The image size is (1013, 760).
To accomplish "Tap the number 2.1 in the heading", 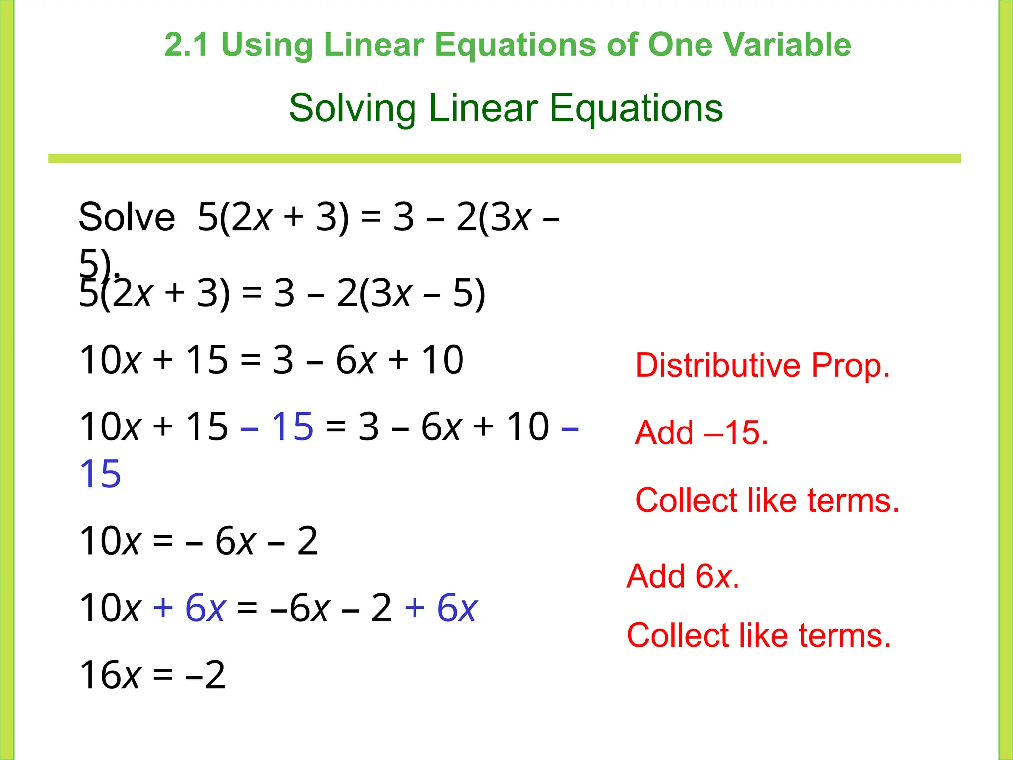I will point(187,45).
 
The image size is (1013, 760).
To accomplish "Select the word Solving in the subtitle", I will point(352,108).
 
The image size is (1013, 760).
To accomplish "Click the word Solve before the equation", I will point(127,217).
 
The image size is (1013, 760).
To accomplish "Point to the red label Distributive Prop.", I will point(762,366).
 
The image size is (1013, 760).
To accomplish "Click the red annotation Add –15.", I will point(701,432).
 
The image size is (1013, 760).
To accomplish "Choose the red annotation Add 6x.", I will point(683,576).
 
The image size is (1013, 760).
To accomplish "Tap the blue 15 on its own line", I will point(100,474).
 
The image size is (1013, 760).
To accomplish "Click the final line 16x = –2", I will point(152,675).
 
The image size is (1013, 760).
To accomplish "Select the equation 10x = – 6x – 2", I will point(198,541).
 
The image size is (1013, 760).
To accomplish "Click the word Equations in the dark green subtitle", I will point(636,108).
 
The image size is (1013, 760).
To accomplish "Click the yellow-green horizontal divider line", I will point(505,158).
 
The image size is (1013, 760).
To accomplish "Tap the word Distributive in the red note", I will point(718,366).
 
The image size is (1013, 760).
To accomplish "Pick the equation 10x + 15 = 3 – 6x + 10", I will point(271,360).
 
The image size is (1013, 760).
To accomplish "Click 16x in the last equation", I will point(110,675).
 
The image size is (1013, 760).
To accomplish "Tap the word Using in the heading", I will point(267,45).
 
